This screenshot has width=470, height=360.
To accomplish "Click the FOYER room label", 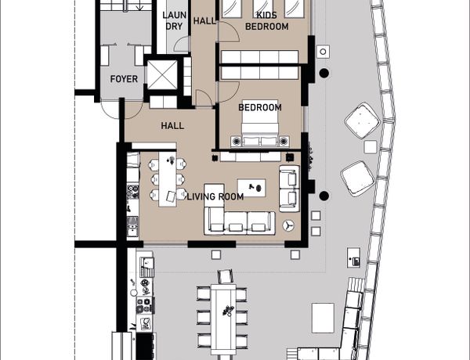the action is click(x=124, y=79).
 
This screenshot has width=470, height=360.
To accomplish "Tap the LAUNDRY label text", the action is click(x=174, y=20).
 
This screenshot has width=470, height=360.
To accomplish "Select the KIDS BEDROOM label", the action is click(x=267, y=20).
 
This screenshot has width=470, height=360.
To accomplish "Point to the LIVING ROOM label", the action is click(x=215, y=196).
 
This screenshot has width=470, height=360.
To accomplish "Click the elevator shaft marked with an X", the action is click(x=162, y=74).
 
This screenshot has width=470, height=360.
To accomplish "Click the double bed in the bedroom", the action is click(x=260, y=123).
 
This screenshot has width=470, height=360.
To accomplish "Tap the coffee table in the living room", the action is click(x=251, y=188).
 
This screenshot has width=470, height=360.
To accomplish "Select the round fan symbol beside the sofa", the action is click(x=288, y=225).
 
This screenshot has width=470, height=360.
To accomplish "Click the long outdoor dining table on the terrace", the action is click(x=223, y=319).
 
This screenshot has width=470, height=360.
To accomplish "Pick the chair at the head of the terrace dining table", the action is click(x=226, y=276).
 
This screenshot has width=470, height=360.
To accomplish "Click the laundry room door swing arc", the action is click(x=181, y=44).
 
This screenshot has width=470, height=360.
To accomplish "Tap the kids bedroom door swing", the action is click(x=229, y=31).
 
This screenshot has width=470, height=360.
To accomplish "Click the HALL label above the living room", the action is click(x=172, y=126).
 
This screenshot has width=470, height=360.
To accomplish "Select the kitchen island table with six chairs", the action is click(x=168, y=179).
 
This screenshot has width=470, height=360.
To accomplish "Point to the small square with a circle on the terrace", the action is click(x=323, y=52).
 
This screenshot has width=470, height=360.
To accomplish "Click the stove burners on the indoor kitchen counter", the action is click(x=133, y=192).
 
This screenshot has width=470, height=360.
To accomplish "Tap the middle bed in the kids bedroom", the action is click(x=262, y=8).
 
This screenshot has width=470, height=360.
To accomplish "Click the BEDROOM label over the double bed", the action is click(x=260, y=107).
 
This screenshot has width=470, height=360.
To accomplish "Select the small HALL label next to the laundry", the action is click(x=204, y=20).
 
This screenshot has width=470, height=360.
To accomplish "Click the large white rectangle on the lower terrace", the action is click(x=323, y=318).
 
